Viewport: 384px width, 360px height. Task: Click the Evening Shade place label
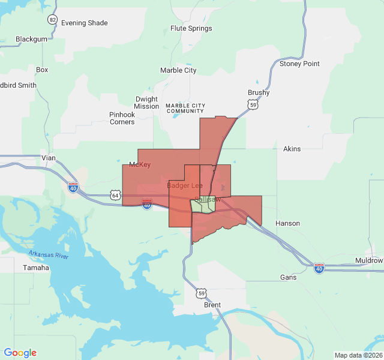coord(84,23)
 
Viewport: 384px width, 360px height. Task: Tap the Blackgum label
coord(31,39)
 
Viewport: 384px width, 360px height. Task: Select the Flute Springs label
coord(191,28)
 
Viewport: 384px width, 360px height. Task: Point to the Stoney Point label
coord(299,64)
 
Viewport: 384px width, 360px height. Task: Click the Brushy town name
coord(259,93)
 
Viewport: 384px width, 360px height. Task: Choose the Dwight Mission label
coord(146,103)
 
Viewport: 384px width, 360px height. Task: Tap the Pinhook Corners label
coord(122,118)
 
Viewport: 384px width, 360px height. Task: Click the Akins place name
coord(292,149)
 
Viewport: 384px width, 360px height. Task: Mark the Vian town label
coord(48,158)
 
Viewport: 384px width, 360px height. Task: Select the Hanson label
coord(287,223)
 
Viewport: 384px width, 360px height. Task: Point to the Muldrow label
coord(368,260)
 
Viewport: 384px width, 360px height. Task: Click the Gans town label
coord(288,277)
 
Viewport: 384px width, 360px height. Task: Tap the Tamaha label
coord(35,268)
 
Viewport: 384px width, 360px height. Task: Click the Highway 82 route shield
coord(53,20)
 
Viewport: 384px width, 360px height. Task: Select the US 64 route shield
coord(115,195)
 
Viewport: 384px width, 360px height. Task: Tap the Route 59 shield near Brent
coord(201,293)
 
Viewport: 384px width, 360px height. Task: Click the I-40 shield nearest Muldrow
coord(319,268)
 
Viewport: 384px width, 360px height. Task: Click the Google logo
coord(20,353)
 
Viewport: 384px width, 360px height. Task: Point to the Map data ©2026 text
coord(358,355)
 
